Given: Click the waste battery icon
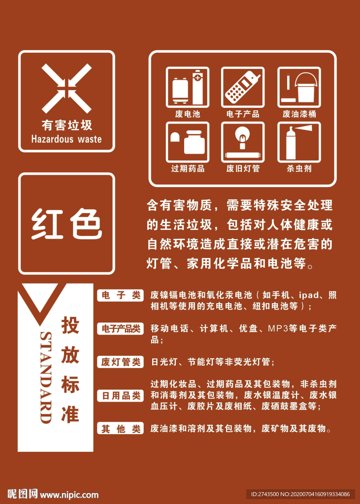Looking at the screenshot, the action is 188,87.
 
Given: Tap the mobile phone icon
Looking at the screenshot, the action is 243,87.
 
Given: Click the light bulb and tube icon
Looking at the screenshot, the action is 243,142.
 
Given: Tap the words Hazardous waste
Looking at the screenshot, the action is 66,139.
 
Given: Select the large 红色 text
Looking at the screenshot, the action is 66,224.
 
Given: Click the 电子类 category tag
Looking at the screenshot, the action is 120,295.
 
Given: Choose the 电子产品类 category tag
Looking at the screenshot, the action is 120,328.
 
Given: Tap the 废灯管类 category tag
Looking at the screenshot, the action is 120,362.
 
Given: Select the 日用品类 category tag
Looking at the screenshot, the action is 120,395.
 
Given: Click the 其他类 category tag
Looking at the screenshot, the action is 120,429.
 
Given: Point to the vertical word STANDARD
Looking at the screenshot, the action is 46,378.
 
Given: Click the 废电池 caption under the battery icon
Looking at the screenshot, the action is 188,114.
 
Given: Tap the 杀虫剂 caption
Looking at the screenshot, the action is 299,168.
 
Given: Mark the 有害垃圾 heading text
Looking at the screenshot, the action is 66,126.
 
